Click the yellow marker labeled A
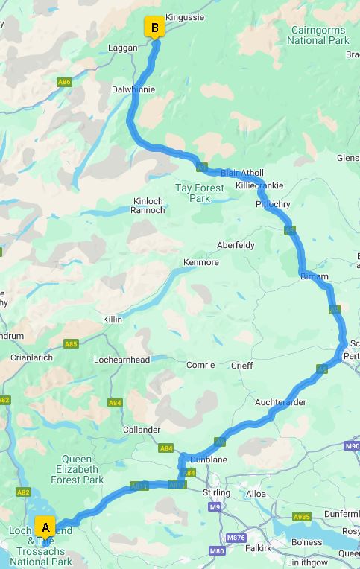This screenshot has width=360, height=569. (x=45, y=527)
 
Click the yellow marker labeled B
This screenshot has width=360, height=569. (x=154, y=28)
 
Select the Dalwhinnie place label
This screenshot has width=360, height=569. (x=133, y=89)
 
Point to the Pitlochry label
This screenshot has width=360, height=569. (x=272, y=204)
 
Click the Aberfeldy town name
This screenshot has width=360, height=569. (x=235, y=245)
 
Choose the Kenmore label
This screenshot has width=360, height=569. (x=201, y=263)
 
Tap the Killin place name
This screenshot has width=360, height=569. (x=113, y=320)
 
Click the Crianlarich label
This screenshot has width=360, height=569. (x=31, y=357)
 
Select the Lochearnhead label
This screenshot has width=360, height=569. (x=122, y=360)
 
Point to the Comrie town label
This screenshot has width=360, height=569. (x=200, y=366)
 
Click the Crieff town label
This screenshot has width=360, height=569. (x=241, y=366)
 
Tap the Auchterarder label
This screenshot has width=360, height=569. (x=280, y=402)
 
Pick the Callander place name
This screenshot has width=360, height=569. (x=142, y=430)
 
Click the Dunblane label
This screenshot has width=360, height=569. (x=209, y=460)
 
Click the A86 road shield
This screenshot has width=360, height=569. (x=65, y=82)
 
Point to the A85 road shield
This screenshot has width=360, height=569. (x=71, y=344)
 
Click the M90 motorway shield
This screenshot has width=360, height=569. (x=353, y=446)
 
